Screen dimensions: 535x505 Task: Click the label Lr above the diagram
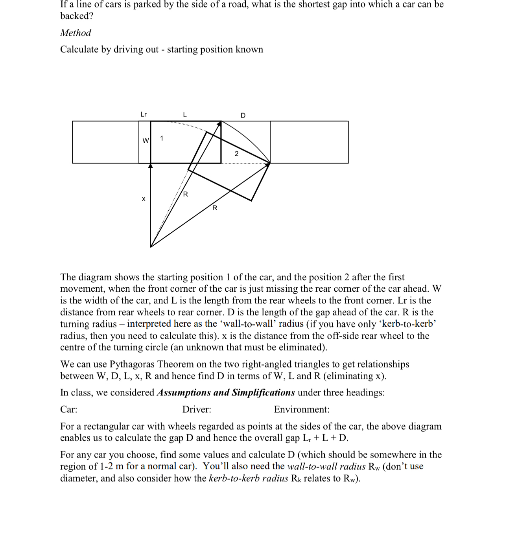[144, 114]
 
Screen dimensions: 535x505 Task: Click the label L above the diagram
[185, 115]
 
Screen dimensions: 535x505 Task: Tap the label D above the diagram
[243, 116]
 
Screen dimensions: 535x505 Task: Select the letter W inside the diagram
[146, 141]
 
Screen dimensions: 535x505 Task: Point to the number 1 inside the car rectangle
[162, 138]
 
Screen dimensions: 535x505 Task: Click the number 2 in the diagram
[236, 154]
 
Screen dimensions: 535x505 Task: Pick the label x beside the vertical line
[144, 199]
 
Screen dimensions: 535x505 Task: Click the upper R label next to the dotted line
[186, 194]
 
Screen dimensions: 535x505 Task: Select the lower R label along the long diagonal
[215, 208]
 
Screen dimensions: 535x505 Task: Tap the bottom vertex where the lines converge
[151, 247]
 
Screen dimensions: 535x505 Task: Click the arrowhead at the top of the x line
[150, 166]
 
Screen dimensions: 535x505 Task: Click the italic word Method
[76, 33]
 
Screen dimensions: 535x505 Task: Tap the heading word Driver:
[197, 410]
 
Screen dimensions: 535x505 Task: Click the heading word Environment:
[302, 410]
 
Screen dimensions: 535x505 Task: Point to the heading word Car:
[69, 410]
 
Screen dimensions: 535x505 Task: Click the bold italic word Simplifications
[263, 393]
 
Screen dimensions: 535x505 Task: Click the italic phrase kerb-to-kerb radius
[248, 478]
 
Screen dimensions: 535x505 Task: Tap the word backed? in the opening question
[77, 16]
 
